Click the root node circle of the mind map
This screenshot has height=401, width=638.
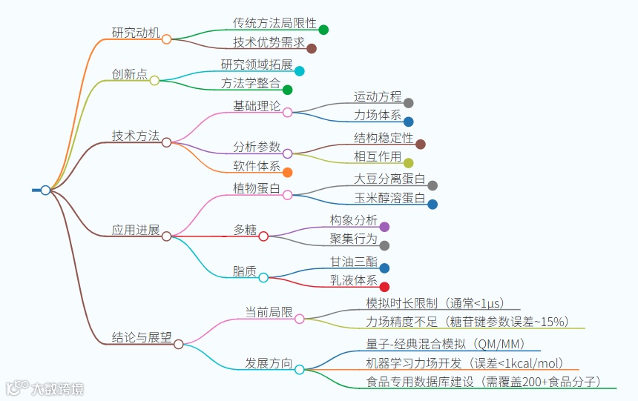coord(45,190)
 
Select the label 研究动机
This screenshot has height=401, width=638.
coord(135,33)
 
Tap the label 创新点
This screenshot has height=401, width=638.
coord(129,74)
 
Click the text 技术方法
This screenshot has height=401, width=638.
coord(135,136)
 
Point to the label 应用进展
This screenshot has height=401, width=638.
coord(135,230)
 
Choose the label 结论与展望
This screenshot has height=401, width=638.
coord(141,337)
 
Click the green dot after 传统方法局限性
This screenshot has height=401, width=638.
coord(323,30)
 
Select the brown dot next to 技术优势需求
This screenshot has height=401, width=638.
coord(312,49)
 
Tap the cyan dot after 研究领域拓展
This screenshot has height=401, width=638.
coord(300,71)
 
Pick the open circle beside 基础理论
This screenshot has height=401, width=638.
coord(287,113)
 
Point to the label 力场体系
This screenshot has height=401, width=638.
coord(378,115)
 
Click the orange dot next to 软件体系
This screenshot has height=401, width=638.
coord(287,173)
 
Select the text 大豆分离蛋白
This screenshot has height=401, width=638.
coord(389,179)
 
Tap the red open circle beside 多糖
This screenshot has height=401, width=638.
coord(263,236)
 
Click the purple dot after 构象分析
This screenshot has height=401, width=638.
coord(384,227)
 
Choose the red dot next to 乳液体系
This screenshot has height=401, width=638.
coord(384,287)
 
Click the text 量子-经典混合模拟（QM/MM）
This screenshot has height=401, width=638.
coord(445,343)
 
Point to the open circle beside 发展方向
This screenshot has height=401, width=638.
coord(299,369)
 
